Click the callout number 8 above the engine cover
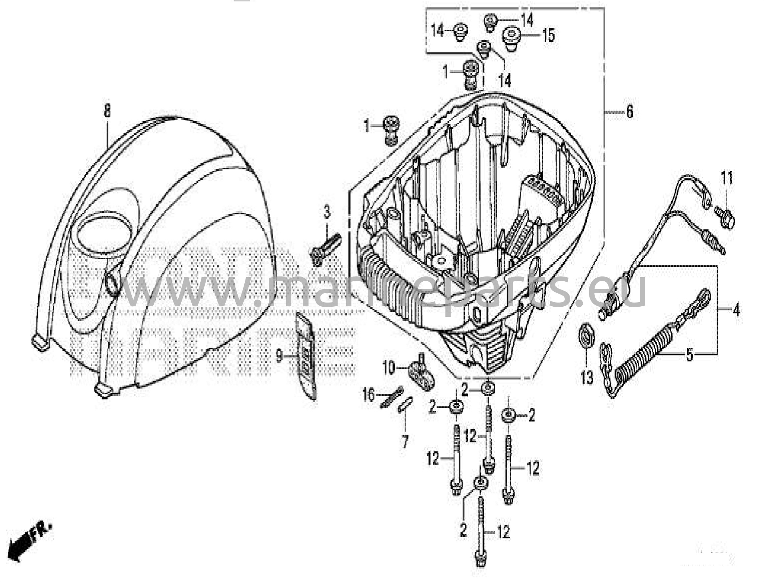tap(107, 110)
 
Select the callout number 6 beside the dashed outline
tap(629, 111)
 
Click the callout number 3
tap(327, 213)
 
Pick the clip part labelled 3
tap(325, 248)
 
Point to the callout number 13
tap(586, 378)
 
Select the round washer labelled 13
tap(586, 336)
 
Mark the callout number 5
tap(690, 354)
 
